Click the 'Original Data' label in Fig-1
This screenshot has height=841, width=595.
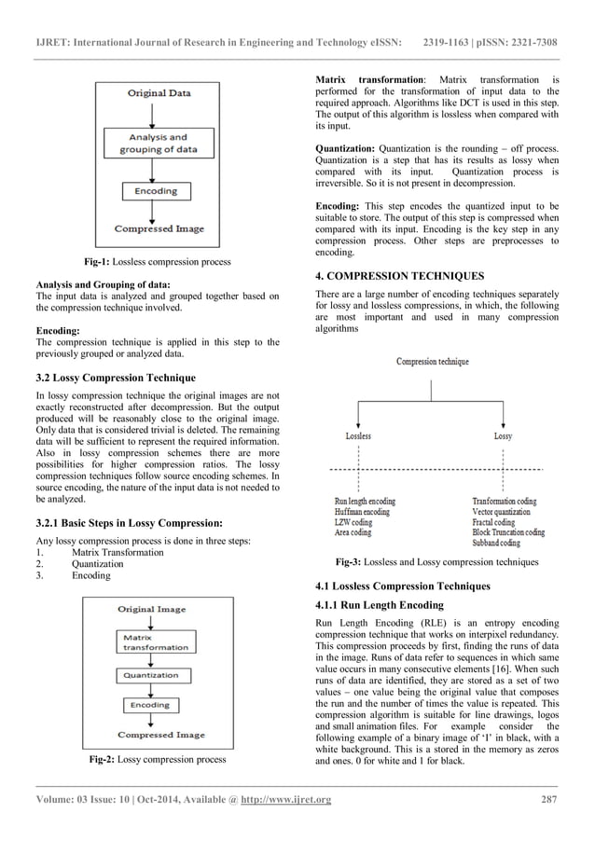pyautogui.click(x=159, y=93)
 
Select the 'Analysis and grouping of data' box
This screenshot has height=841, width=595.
pyautogui.click(x=159, y=143)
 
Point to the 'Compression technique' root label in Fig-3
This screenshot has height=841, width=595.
pyautogui.click(x=433, y=361)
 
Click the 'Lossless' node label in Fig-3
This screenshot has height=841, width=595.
pyautogui.click(x=358, y=436)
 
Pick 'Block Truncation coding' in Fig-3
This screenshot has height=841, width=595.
pyautogui.click(x=508, y=532)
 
